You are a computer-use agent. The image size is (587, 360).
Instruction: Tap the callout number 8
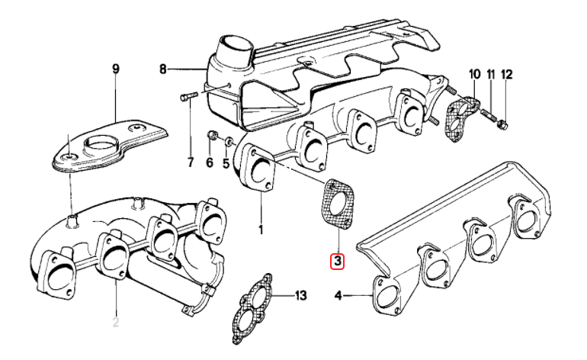click(162, 70)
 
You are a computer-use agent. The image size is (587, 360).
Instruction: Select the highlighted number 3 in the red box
click(337, 261)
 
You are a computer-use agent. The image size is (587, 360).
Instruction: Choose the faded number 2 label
click(116, 322)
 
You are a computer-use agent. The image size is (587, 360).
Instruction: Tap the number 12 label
click(507, 75)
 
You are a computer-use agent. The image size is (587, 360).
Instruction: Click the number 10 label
click(474, 75)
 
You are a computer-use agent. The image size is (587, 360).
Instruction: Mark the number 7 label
click(191, 162)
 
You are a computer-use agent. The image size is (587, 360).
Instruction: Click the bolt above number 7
click(189, 97)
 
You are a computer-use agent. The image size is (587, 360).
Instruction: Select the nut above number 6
click(213, 137)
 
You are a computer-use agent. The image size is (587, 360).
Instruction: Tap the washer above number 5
click(226, 141)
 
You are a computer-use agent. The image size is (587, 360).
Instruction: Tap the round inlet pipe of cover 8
click(233, 51)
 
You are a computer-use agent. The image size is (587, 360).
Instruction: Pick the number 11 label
click(491, 75)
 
